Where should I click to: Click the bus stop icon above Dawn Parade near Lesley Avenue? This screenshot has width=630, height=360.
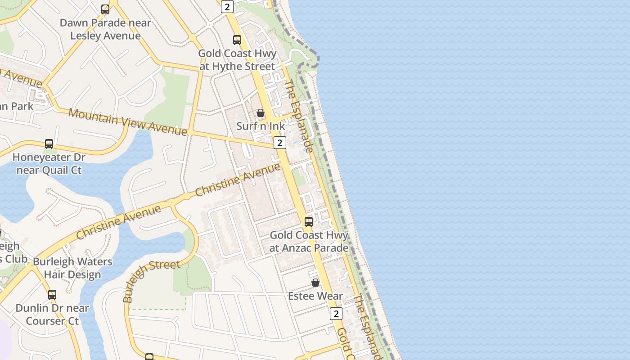pos(105,9)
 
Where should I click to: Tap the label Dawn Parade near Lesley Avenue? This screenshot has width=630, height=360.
pos(105,29)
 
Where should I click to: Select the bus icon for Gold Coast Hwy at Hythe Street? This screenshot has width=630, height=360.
pos(237,40)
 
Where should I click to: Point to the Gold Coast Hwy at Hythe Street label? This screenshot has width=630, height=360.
pos(237,60)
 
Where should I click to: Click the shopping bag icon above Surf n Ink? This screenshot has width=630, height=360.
pos(261,113)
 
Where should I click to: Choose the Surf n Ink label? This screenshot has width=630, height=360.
pos(261,126)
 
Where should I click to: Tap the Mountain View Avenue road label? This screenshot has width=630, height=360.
pos(127,121)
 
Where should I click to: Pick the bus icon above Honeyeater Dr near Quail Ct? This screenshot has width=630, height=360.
pos(49,144)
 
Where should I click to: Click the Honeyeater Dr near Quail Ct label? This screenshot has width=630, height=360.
pos(49,164)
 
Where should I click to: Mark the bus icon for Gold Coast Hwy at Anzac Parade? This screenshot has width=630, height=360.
pos(309,221)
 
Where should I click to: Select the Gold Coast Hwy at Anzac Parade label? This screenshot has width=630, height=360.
pos(309,242)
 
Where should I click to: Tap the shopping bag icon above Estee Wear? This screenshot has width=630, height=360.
pos(315,283)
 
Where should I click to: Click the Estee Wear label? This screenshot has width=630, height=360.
pos(315,296)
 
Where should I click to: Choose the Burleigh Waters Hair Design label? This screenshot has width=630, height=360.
pos(72,268)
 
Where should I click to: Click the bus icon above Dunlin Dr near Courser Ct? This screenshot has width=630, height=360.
pos(52,295)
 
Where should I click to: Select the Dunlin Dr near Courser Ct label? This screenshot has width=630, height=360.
pos(52,315)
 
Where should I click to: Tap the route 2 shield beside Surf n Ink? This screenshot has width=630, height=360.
pos(280,143)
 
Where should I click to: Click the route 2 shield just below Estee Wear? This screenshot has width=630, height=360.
pos(336,314)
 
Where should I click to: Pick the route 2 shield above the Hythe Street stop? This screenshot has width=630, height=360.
pos(227,7)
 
